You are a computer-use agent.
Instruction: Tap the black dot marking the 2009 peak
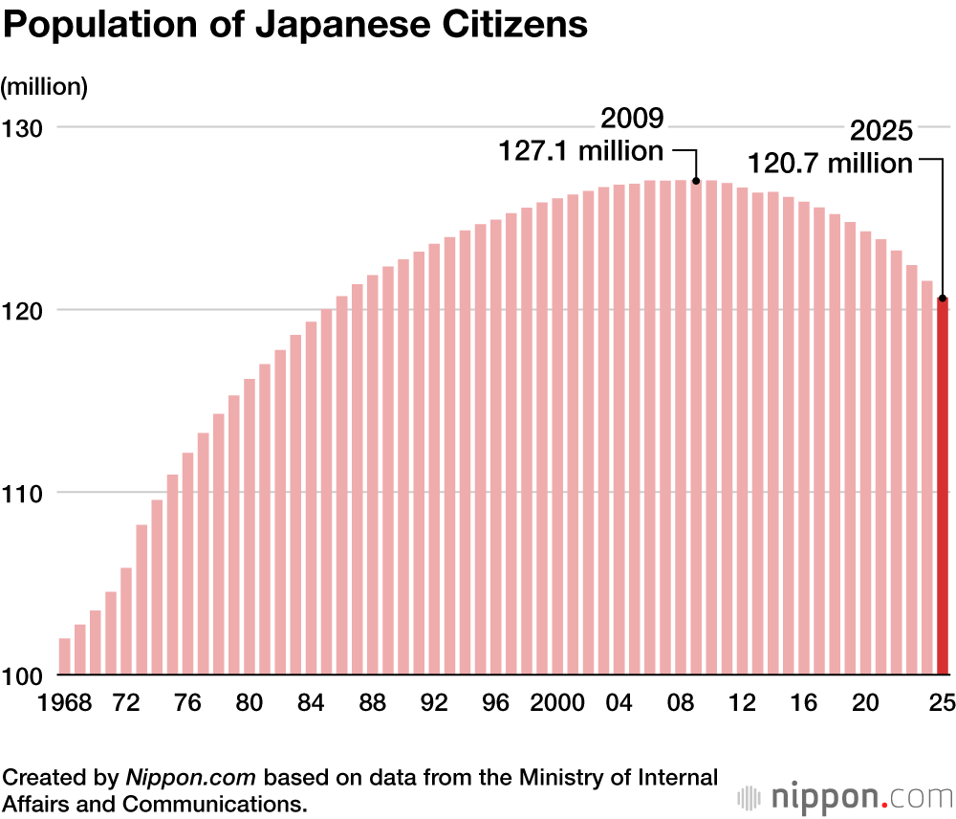coord(696,181)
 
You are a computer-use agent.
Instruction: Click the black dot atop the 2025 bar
coord(943,298)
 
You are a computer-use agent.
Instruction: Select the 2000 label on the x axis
coord(557,703)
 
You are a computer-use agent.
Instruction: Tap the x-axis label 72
coord(126,703)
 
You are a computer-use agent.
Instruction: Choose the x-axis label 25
coord(943,703)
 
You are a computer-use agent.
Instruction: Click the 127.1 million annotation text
coord(581,151)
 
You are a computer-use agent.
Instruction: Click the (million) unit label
coord(45,86)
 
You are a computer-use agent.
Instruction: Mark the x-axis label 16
coord(804,703)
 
